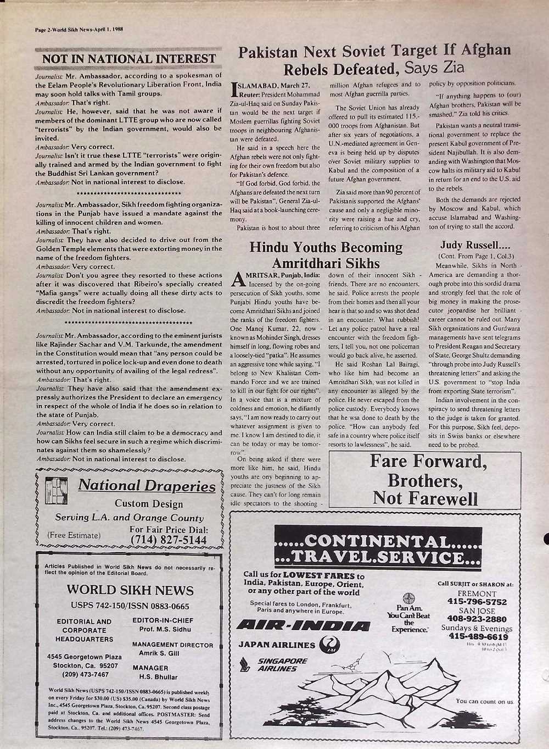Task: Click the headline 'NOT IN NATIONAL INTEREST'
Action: point(129,59)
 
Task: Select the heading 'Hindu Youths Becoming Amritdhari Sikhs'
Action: point(326,255)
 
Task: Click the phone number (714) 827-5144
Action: point(169,540)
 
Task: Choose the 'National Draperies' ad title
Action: point(147,486)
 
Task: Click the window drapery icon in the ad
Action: point(55,488)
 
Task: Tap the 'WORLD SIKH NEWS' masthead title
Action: point(130,590)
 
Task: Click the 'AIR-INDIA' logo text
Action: point(302,625)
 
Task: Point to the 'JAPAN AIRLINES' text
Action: point(277,645)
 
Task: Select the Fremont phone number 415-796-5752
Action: point(477,602)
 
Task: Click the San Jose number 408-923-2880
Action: point(477,619)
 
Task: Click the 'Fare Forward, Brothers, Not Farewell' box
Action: point(425,479)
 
